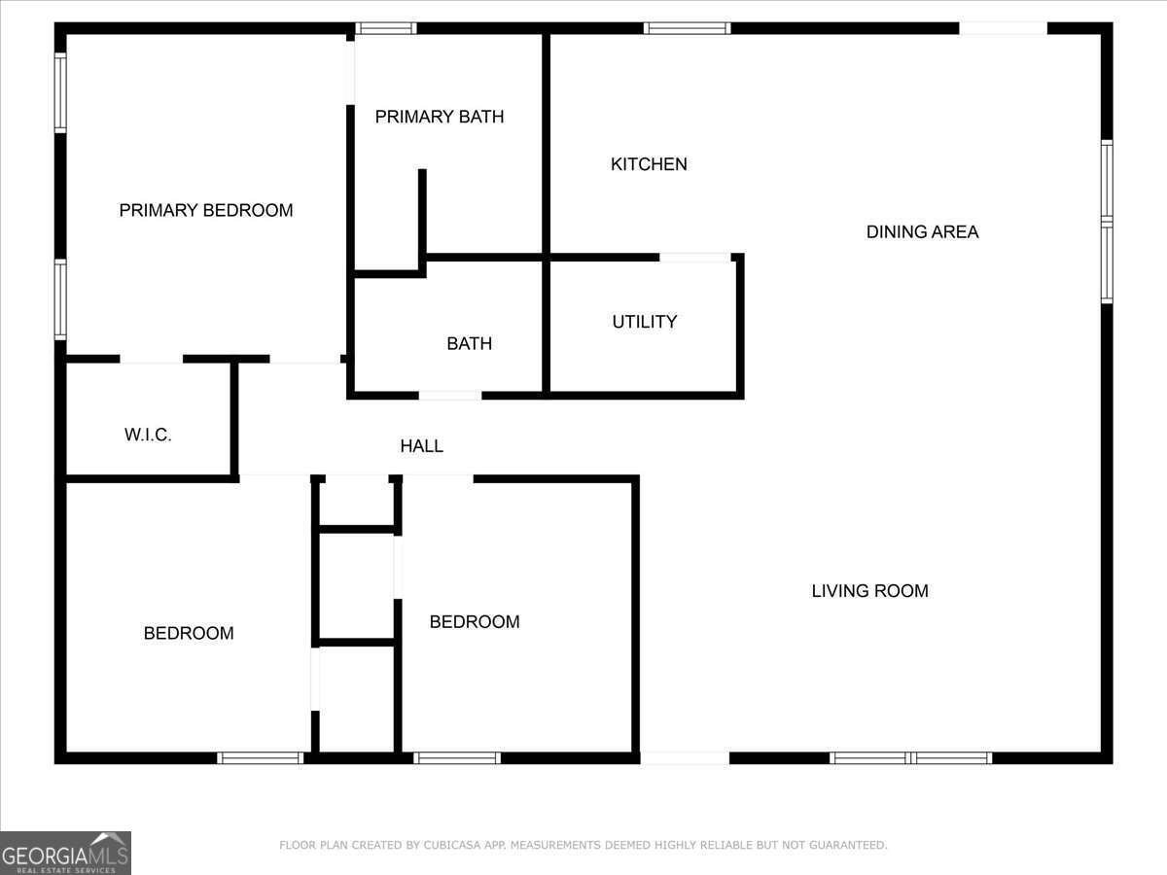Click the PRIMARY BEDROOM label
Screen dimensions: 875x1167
click(206, 210)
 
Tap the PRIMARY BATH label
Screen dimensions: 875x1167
click(440, 117)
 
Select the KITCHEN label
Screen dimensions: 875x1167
click(649, 164)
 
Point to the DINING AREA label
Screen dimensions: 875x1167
click(922, 231)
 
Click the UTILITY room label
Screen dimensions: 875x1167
click(645, 322)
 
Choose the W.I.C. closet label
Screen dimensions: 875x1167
click(148, 436)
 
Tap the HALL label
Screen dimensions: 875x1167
click(422, 446)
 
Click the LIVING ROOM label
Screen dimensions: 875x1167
click(869, 590)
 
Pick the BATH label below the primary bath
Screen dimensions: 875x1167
click(470, 343)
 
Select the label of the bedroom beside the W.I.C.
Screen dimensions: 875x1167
click(189, 633)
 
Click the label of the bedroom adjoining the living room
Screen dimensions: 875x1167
click(475, 621)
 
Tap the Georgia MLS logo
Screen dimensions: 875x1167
click(65, 853)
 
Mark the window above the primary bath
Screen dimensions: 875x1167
click(386, 28)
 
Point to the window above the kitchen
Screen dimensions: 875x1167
click(687, 28)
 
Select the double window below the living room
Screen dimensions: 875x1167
click(911, 757)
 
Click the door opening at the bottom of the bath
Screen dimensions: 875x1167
click(450, 396)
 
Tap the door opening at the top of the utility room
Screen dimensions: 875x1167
click(695, 258)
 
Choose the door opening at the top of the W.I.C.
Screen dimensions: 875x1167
click(151, 359)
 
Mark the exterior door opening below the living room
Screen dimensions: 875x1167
click(686, 757)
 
